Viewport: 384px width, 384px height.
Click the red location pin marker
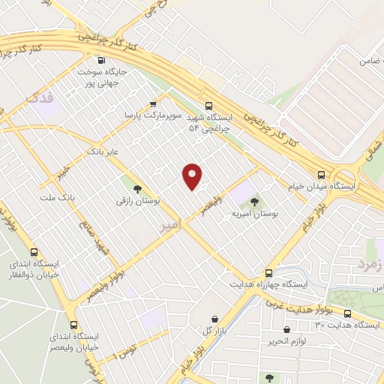click(x=193, y=176)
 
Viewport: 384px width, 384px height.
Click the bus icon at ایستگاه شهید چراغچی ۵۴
click(x=209, y=106)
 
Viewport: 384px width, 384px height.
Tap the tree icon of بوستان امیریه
click(x=254, y=201)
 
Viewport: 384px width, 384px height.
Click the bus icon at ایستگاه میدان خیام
click(x=321, y=172)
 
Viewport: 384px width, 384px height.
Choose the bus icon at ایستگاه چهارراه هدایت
click(x=268, y=274)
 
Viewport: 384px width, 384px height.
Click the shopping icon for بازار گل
click(x=215, y=319)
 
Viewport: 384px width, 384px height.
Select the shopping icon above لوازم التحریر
click(x=287, y=329)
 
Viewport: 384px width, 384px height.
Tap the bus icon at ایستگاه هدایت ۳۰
click(x=347, y=313)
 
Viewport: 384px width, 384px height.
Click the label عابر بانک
click(x=103, y=151)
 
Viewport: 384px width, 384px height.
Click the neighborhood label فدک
click(x=39, y=96)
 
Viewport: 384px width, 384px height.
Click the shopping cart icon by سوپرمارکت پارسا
click(x=153, y=104)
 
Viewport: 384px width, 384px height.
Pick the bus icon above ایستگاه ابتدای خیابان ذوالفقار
click(x=33, y=252)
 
